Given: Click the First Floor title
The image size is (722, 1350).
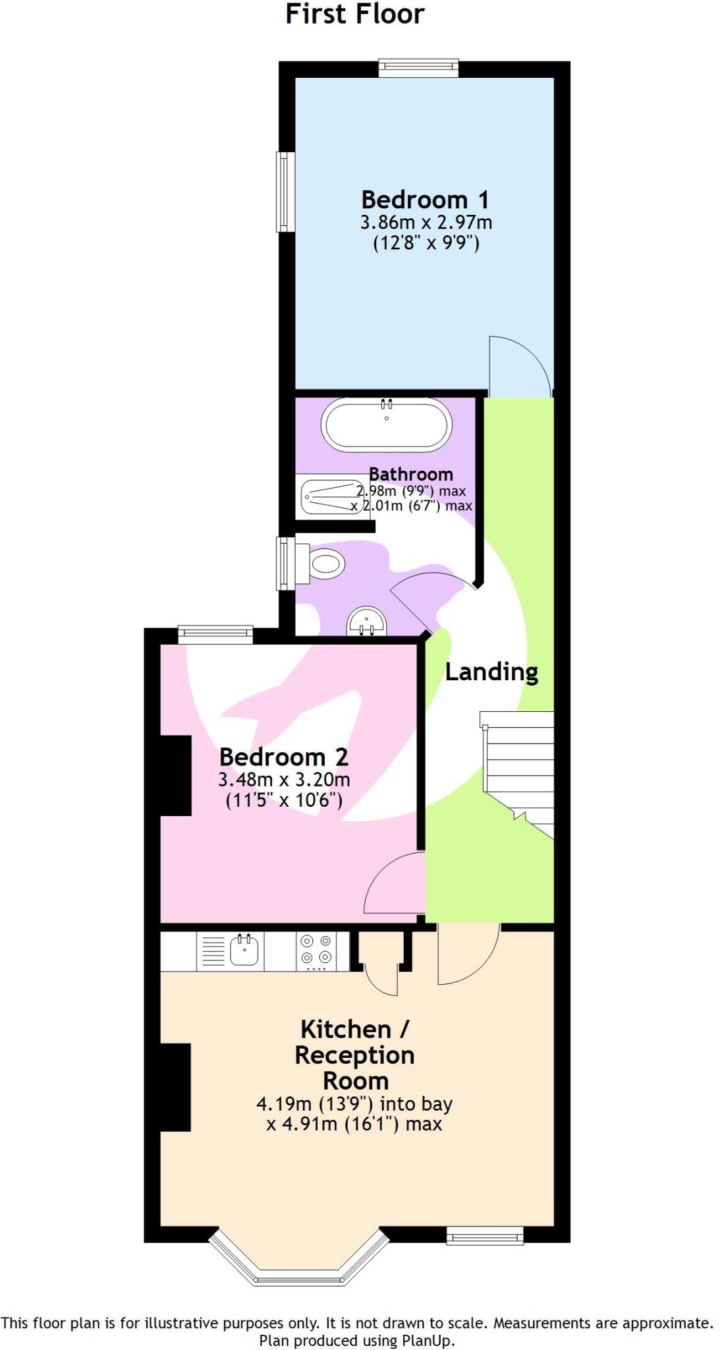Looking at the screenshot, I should tap(354, 15).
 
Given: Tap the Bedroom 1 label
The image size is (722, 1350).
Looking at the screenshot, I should tap(425, 200).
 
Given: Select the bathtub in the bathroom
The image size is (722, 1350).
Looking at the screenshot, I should tap(386, 425).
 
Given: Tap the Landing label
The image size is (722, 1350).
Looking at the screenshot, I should tap(491, 672).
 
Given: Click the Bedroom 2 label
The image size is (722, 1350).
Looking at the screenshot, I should tap(283, 757).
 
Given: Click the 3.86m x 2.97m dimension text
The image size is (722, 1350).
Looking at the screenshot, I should tap(426, 223).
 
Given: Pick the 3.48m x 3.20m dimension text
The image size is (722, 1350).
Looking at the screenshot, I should tap(284, 780).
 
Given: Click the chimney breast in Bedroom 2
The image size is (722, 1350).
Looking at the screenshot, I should tap(176, 775).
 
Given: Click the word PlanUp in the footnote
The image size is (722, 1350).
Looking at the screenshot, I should tap(431, 1340).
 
